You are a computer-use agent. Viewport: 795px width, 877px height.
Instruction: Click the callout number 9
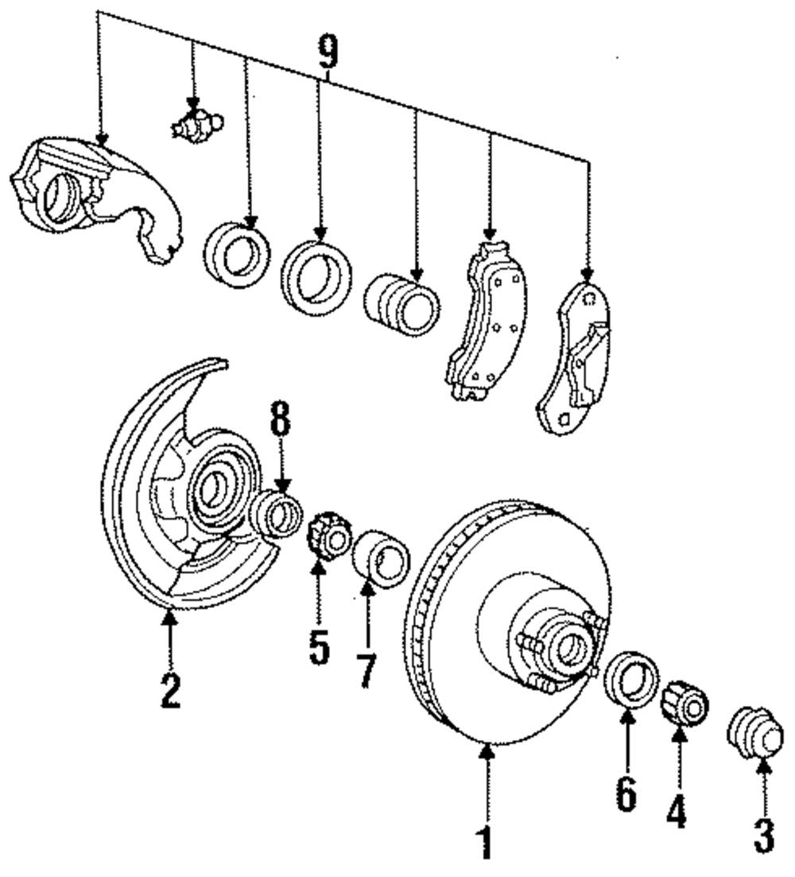[327, 53]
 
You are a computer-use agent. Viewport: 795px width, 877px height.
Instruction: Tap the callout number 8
[280, 420]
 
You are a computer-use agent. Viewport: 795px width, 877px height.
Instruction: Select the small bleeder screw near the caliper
[196, 123]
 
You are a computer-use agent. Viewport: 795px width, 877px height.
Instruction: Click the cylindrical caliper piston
[401, 303]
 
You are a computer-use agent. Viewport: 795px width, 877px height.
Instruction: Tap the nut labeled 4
[684, 704]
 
